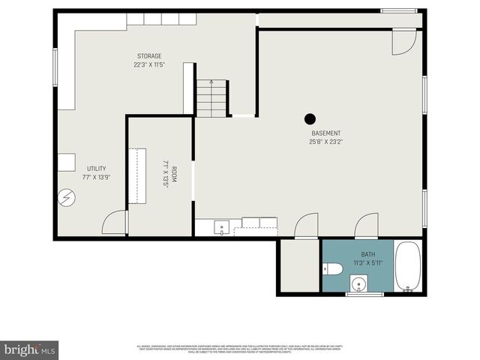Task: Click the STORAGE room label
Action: (x=148, y=56)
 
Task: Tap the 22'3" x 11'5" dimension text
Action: (x=148, y=64)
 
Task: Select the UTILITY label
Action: (x=96, y=169)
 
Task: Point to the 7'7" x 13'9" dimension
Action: (x=96, y=177)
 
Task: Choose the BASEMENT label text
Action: (x=325, y=133)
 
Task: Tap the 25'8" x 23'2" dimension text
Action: (x=325, y=142)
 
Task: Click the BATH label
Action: (x=367, y=255)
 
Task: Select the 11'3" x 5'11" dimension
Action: (x=367, y=263)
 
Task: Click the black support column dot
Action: (x=310, y=118)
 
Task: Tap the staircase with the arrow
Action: (x=211, y=97)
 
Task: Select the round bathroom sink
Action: (x=359, y=284)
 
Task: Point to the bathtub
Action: (x=408, y=265)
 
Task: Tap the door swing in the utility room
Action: (x=114, y=223)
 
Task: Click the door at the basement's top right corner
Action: (x=403, y=42)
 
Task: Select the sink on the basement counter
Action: (x=222, y=226)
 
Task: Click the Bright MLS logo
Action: (x=29, y=349)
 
